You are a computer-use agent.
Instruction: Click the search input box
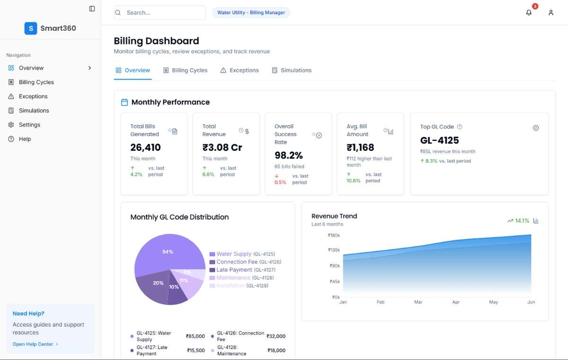160,13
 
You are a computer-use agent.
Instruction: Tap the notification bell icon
529,13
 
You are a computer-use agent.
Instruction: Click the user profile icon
551,13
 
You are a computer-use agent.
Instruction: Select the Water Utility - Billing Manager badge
251,13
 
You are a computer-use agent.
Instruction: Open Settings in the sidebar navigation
29,125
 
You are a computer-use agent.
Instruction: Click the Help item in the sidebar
25,139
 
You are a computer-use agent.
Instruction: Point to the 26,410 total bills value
146,148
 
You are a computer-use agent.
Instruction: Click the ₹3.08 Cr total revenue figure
222,148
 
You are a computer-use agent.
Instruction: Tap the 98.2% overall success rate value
289,156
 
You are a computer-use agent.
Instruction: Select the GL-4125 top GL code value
440,140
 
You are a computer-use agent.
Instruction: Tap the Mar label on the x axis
418,302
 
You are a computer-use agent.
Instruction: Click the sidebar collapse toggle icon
92,9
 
